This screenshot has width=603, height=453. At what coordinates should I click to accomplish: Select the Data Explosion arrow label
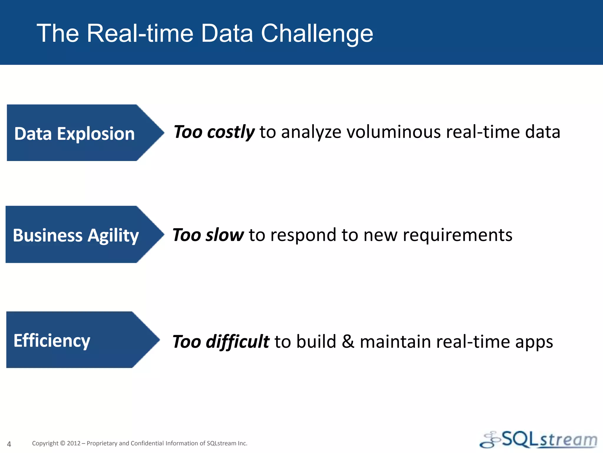point(74,134)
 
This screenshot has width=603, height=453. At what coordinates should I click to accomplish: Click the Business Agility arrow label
point(76,235)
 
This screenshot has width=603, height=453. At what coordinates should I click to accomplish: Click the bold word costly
point(231,132)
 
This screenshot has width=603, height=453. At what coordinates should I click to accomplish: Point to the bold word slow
point(225,235)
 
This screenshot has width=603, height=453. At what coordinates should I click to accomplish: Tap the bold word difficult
point(237,342)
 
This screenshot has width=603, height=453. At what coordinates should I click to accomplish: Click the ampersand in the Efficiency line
point(348,342)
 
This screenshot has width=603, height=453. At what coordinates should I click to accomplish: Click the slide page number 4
point(9,444)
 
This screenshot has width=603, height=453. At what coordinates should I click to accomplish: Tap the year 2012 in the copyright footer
point(74,443)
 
